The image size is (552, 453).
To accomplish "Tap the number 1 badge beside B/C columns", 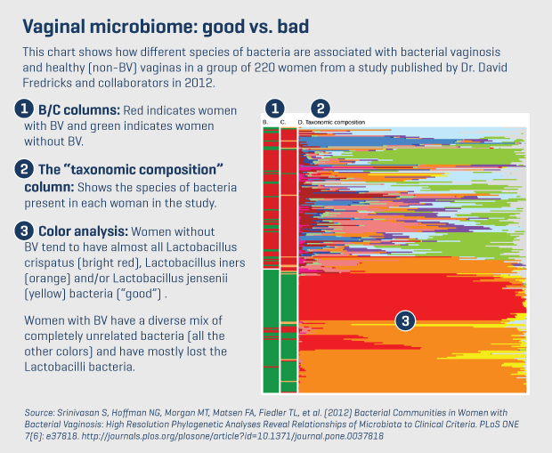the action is click(24, 109).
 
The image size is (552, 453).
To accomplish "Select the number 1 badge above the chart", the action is click(275, 108).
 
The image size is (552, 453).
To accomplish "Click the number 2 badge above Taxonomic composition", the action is click(320, 108).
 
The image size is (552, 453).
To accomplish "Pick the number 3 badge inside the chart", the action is click(405, 320).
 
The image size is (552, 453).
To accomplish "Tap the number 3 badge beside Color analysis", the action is click(24, 231).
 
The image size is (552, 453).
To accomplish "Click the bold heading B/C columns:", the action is click(79, 110).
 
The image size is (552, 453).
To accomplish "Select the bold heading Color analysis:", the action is click(83, 231).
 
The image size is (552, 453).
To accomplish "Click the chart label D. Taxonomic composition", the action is click(331, 122).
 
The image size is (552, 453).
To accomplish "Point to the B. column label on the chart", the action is click(265, 122).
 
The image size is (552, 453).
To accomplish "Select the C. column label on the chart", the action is click(283, 122).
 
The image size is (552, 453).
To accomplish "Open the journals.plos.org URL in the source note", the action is click(232, 436).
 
